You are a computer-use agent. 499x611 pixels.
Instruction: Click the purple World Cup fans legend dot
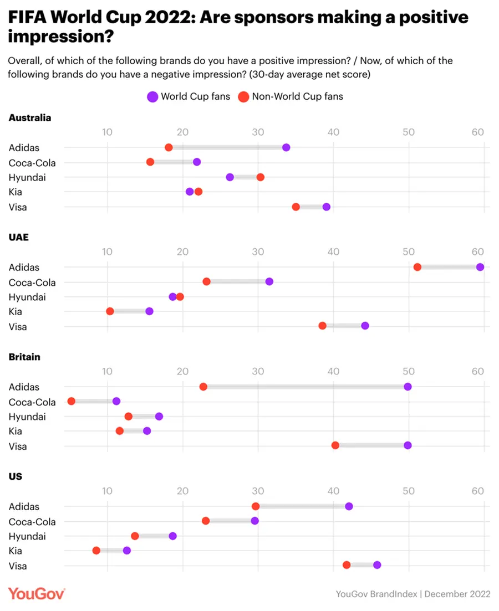pos(152,97)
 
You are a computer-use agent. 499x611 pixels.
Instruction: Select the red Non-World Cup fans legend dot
pos(243,97)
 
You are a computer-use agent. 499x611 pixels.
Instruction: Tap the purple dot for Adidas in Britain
pos(408,387)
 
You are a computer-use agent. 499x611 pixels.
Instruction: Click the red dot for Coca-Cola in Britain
pos(71,401)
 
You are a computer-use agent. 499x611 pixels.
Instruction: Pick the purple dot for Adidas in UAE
pos(480,267)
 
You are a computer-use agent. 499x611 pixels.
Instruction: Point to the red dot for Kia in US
pos(96,551)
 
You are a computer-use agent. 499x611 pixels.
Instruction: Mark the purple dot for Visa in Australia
pos(327,207)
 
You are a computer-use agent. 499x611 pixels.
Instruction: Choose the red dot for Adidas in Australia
pos(169,147)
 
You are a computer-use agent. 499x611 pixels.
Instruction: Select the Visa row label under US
pos(18,566)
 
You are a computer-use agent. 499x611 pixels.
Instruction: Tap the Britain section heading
pos(24,357)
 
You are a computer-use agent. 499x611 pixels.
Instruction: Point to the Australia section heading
pos(30,117)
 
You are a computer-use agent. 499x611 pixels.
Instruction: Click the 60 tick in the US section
pos(478,491)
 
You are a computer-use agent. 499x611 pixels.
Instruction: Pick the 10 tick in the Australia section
pos(107,132)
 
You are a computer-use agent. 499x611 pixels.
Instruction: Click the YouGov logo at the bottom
pos(37,593)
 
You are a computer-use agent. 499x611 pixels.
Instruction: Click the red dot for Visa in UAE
pos(322,326)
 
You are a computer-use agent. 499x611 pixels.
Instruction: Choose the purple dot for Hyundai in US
pos(172,536)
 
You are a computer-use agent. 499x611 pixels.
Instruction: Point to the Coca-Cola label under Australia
pos(32,162)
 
